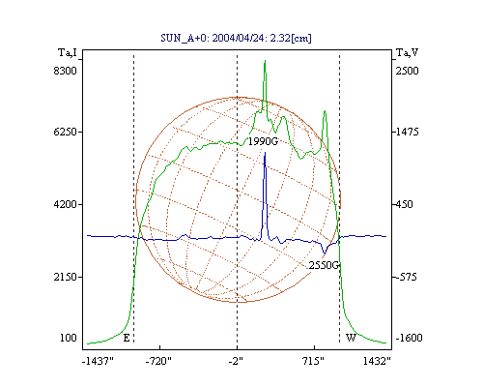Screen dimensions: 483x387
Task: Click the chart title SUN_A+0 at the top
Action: (x=236, y=38)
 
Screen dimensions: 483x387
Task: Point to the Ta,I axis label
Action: (x=68, y=52)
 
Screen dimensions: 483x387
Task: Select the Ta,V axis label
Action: (x=407, y=52)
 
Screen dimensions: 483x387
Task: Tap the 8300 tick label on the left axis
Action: (x=66, y=71)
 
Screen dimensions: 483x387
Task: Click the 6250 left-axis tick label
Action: (x=66, y=132)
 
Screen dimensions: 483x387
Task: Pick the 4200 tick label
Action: (x=66, y=204)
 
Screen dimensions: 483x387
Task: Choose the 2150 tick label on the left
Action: (x=66, y=277)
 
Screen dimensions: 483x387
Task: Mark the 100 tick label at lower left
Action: (x=69, y=338)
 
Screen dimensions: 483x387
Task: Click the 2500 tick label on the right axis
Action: (x=407, y=71)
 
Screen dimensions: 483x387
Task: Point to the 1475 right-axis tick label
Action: (x=407, y=132)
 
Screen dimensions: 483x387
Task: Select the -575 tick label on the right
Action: (x=407, y=277)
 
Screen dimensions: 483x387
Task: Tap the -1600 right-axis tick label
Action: (x=409, y=338)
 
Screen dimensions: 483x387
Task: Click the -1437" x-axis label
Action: (x=98, y=361)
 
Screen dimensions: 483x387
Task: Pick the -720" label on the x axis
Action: (x=158, y=361)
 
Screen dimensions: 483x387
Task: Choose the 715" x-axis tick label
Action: (x=313, y=361)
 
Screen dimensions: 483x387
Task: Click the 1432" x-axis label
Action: (x=377, y=361)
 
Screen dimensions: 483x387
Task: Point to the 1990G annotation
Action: (x=263, y=141)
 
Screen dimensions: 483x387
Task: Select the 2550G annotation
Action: (x=324, y=265)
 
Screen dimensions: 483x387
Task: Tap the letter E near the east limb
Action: (x=127, y=338)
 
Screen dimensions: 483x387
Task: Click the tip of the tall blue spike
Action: (x=265, y=153)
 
